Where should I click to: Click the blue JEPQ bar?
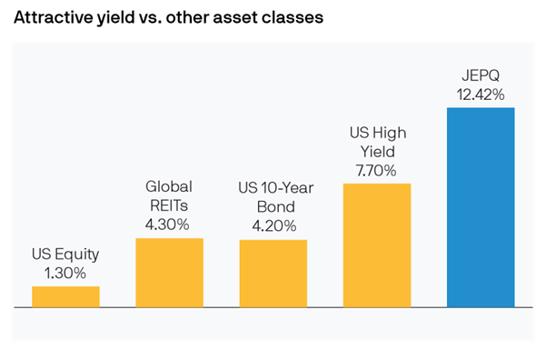(x=481, y=207)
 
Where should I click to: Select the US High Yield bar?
(x=377, y=245)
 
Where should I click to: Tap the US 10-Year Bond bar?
(x=273, y=274)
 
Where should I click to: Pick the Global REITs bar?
(x=169, y=273)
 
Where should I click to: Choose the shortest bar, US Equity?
(x=65, y=296)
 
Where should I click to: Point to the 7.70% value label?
(x=377, y=168)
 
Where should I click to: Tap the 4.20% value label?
(x=273, y=225)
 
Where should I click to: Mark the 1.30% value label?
(x=65, y=272)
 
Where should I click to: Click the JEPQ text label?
(x=481, y=75)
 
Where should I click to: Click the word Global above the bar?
(x=169, y=186)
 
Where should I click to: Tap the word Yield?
(x=377, y=151)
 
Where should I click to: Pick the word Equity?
(x=76, y=255)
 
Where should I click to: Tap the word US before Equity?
(x=41, y=255)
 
